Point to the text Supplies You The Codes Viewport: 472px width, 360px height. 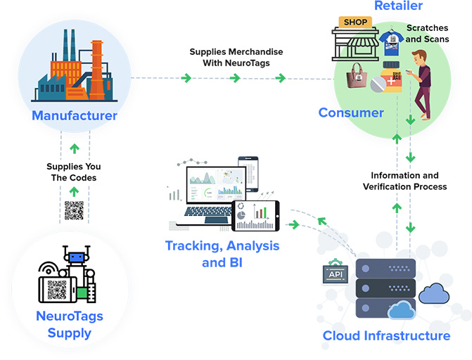pyautogui.click(x=73, y=172)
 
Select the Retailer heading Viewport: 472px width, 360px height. pyautogui.click(x=398, y=6)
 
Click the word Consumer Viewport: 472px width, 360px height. pyautogui.click(x=351, y=112)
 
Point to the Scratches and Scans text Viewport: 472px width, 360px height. pyautogui.click(x=427, y=33)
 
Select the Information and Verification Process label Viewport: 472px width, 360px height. pyautogui.click(x=404, y=181)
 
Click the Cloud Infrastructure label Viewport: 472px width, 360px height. pyautogui.click(x=386, y=335)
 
